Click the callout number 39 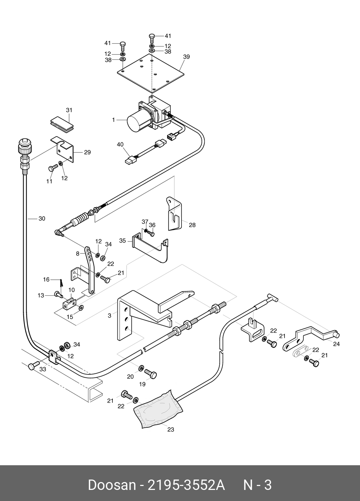[x=186, y=57]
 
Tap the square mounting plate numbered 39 [x=151, y=73]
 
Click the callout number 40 [x=120, y=144]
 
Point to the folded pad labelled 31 [x=62, y=123]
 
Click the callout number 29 [x=87, y=152]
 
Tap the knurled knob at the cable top [x=25, y=146]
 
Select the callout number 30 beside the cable [x=42, y=218]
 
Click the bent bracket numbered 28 [x=174, y=213]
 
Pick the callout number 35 [x=122, y=241]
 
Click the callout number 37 [x=145, y=222]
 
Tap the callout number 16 [x=46, y=280]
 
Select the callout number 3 [x=110, y=316]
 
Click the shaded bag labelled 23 [x=158, y=409]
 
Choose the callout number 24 [x=336, y=344]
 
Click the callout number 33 [x=43, y=369]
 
